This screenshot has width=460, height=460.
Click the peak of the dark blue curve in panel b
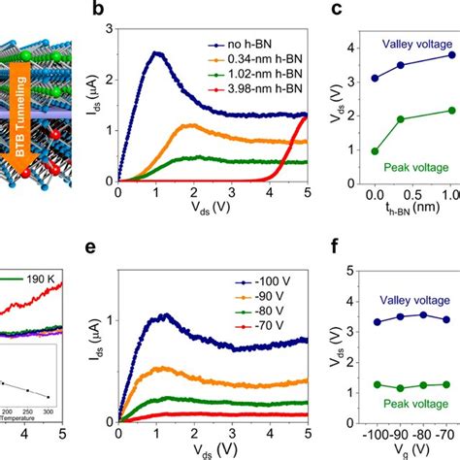(155, 54)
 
